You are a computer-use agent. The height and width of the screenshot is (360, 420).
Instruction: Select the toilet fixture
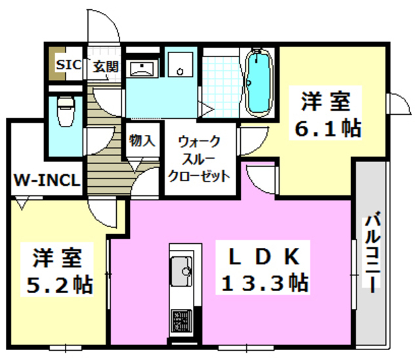[66, 111]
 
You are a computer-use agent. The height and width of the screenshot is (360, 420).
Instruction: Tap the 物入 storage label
[142, 140]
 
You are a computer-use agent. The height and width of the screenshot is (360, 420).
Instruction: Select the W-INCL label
[45, 180]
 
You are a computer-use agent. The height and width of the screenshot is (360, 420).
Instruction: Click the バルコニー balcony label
[371, 252]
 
